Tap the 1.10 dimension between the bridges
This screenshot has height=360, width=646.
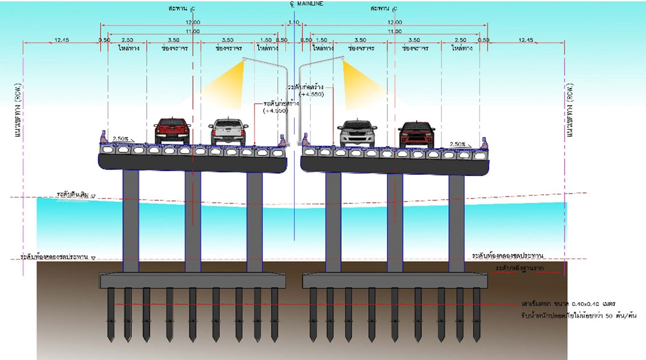(x=294, y=22)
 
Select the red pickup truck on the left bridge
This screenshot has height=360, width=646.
(x=173, y=131)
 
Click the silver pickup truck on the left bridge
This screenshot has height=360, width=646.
(x=228, y=131)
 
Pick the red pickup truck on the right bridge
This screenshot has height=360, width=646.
(x=416, y=133)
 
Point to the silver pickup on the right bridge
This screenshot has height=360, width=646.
(x=357, y=133)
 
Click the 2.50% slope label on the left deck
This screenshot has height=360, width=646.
(x=121, y=138)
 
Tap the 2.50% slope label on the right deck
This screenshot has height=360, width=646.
(x=458, y=144)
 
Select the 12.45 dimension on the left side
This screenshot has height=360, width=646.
(x=61, y=40)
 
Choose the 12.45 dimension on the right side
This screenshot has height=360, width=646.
(x=526, y=40)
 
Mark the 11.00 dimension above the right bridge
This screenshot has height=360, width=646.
(x=394, y=31)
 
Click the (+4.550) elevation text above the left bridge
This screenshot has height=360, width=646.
(x=276, y=111)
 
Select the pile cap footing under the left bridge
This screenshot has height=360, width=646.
(x=193, y=279)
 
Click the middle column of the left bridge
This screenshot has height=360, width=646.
(x=193, y=221)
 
